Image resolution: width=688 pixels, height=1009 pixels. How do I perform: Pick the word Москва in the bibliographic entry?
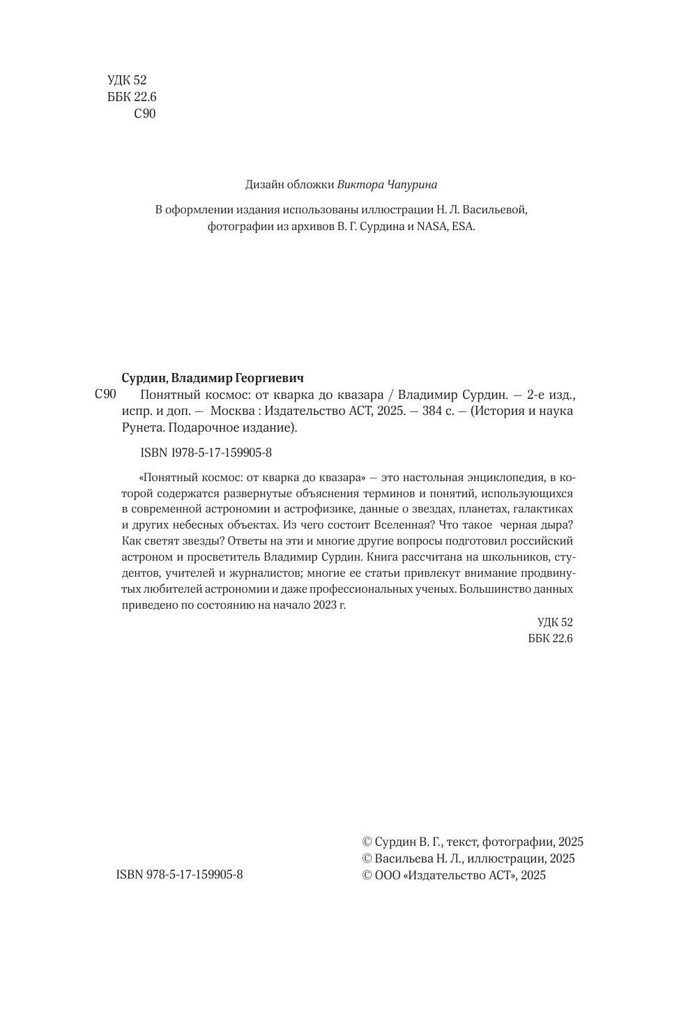click(x=235, y=411)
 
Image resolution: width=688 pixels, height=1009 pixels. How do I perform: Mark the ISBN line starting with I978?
click(x=206, y=453)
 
